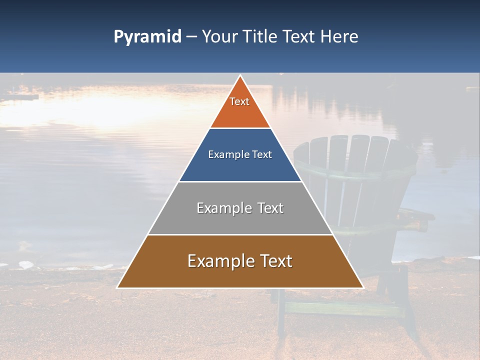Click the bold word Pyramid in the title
click(x=147, y=37)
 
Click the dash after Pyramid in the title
click(x=191, y=37)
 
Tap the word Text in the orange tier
click(x=239, y=101)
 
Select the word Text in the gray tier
click(x=270, y=208)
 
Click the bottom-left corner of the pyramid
click(x=117, y=288)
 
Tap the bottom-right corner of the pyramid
click(x=363, y=288)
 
